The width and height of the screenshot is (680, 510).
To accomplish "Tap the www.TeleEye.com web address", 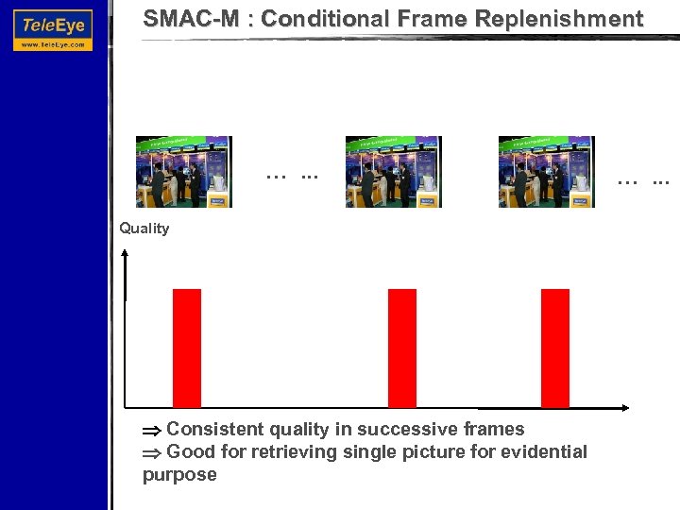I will click(53, 44).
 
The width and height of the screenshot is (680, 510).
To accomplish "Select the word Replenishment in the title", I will click(563, 19).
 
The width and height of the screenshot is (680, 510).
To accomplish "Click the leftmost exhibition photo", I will click(183, 171).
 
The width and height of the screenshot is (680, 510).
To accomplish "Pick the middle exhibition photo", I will click(393, 171).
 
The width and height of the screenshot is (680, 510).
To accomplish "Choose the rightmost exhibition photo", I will click(546, 171).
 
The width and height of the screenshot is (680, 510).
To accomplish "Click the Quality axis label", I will click(144, 229).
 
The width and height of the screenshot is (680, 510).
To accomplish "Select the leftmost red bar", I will click(187, 348).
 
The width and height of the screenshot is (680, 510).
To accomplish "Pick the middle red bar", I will click(402, 348).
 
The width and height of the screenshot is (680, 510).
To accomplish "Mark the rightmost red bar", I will click(554, 348).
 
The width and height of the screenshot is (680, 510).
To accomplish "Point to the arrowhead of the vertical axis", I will click(127, 251).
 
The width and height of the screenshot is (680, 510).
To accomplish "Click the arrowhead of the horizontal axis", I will click(624, 408).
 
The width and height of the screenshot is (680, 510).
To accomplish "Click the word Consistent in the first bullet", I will click(212, 430).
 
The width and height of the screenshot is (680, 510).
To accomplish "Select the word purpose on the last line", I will click(179, 475).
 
